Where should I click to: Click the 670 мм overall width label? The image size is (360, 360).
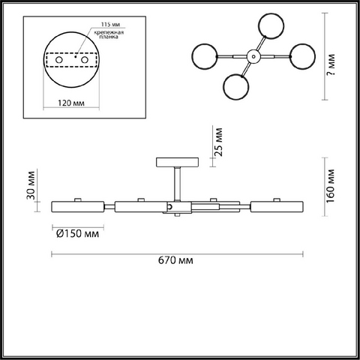175,260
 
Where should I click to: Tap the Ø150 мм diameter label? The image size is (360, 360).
77,233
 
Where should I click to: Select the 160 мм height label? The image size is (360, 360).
330,186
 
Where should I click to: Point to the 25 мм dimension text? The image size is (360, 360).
218,142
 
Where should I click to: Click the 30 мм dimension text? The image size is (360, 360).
31,185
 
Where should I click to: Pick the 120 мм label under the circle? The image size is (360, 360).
71,103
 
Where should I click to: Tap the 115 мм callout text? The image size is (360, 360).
110,24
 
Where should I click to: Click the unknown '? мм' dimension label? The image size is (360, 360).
331,64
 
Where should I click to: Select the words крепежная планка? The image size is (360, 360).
109,34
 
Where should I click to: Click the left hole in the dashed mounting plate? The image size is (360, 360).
59,60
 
